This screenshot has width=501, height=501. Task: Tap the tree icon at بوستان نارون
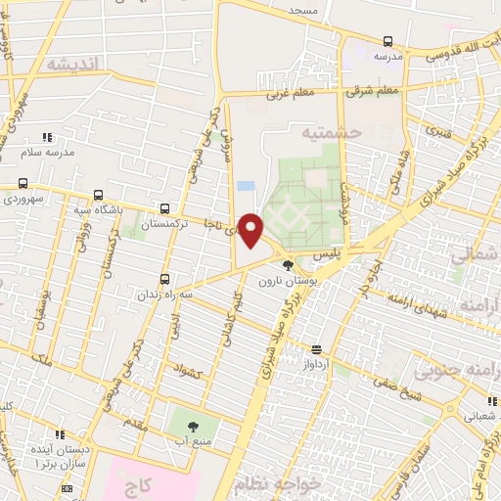point(287,264)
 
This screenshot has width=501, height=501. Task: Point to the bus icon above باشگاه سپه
point(96,195)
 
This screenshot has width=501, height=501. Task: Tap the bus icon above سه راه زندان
point(165,278)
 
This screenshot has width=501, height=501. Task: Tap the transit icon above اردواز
point(316,349)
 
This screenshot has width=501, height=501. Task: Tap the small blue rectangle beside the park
point(246,185)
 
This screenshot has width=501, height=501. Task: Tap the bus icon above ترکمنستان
point(164,208)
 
